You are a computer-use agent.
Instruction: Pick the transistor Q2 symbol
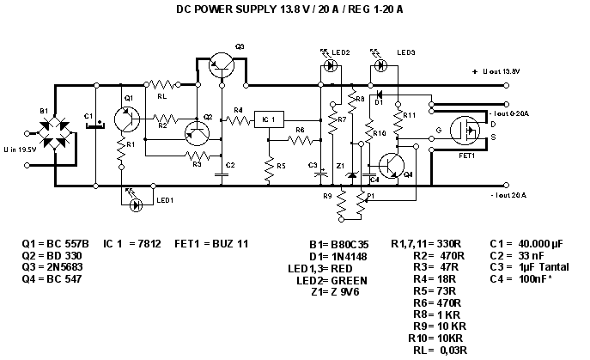pos(198,132)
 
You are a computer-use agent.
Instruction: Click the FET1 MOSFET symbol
pos(469,131)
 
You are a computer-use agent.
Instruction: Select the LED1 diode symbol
pos(135,205)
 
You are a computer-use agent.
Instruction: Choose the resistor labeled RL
pos(161,85)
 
